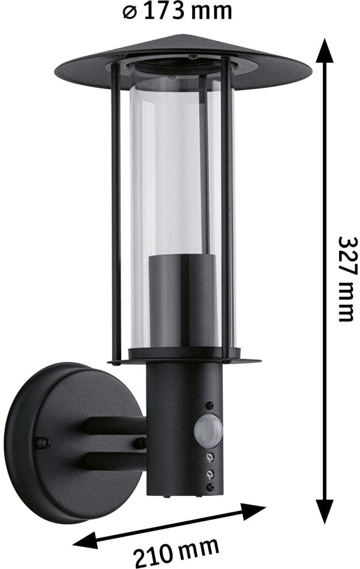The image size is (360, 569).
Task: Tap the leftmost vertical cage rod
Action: pos(114,209)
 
